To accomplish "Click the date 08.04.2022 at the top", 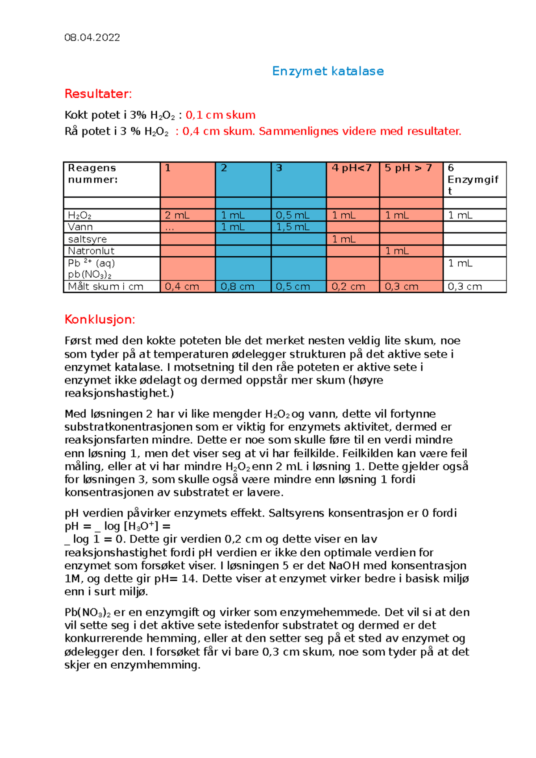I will click(92, 37).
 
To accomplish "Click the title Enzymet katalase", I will click(328, 71).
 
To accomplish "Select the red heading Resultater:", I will click(98, 94).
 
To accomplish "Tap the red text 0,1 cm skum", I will click(220, 115).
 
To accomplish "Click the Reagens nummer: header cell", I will click(92, 174).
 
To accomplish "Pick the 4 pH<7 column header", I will click(352, 168).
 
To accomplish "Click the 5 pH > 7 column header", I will click(408, 168).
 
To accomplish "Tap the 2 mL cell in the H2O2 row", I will click(177, 216).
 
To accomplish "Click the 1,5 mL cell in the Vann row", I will click(293, 227).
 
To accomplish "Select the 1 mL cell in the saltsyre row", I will click(344, 239).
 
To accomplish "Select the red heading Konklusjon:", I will click(100, 320).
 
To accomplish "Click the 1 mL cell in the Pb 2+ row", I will click(460, 263).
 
